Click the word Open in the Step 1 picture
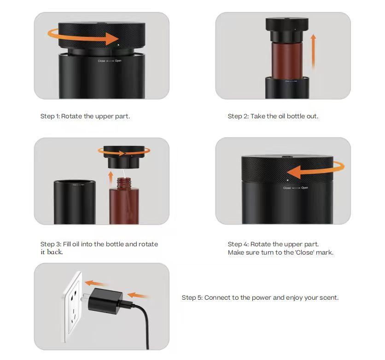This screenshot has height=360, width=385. pos(118,61)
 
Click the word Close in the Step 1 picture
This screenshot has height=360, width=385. pos(101,61)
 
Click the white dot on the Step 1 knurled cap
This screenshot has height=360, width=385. pos(119,45)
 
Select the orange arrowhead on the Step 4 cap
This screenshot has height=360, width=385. pos(294,172)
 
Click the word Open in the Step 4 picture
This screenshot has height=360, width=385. pos(304,188)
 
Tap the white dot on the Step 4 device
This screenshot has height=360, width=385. pos(288,180)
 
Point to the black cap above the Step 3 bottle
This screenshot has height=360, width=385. pos(124,157)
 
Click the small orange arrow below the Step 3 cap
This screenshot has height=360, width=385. pos(111,178)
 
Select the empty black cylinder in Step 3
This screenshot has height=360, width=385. pos(75,202)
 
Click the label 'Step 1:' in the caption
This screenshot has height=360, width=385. pos(50,116)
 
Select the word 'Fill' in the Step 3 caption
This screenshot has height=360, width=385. pos(67,244)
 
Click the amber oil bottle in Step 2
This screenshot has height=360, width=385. pos(287,60)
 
